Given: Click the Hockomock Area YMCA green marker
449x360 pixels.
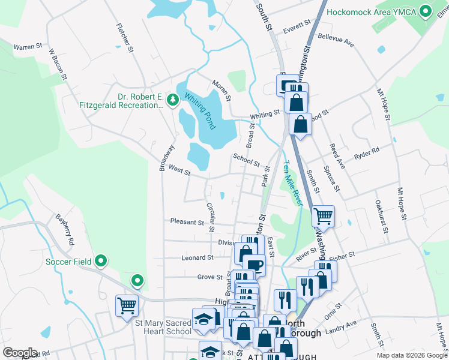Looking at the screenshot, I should tap(426, 11).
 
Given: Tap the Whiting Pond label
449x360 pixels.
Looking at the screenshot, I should tap(200, 111).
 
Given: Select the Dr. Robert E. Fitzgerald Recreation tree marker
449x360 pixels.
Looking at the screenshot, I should tap(173, 99).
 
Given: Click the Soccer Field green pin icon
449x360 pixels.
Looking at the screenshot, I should tap(101, 261).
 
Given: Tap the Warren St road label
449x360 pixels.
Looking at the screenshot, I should tap(28, 46).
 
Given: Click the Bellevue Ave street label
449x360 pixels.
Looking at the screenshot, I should tap(336, 40).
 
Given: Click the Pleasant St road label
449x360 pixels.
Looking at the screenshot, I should tap(187, 222).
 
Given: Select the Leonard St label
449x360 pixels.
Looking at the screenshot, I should tap(197, 258).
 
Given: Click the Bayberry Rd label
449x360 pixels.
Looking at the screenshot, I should tap(65, 228).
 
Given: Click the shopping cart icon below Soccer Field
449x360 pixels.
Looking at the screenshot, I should tap(127, 305).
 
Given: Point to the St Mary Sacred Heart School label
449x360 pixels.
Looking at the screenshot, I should tap(163, 327).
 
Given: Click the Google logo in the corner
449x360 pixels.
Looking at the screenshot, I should tap(20, 353).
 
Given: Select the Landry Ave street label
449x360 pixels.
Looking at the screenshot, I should tap(341, 327).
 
